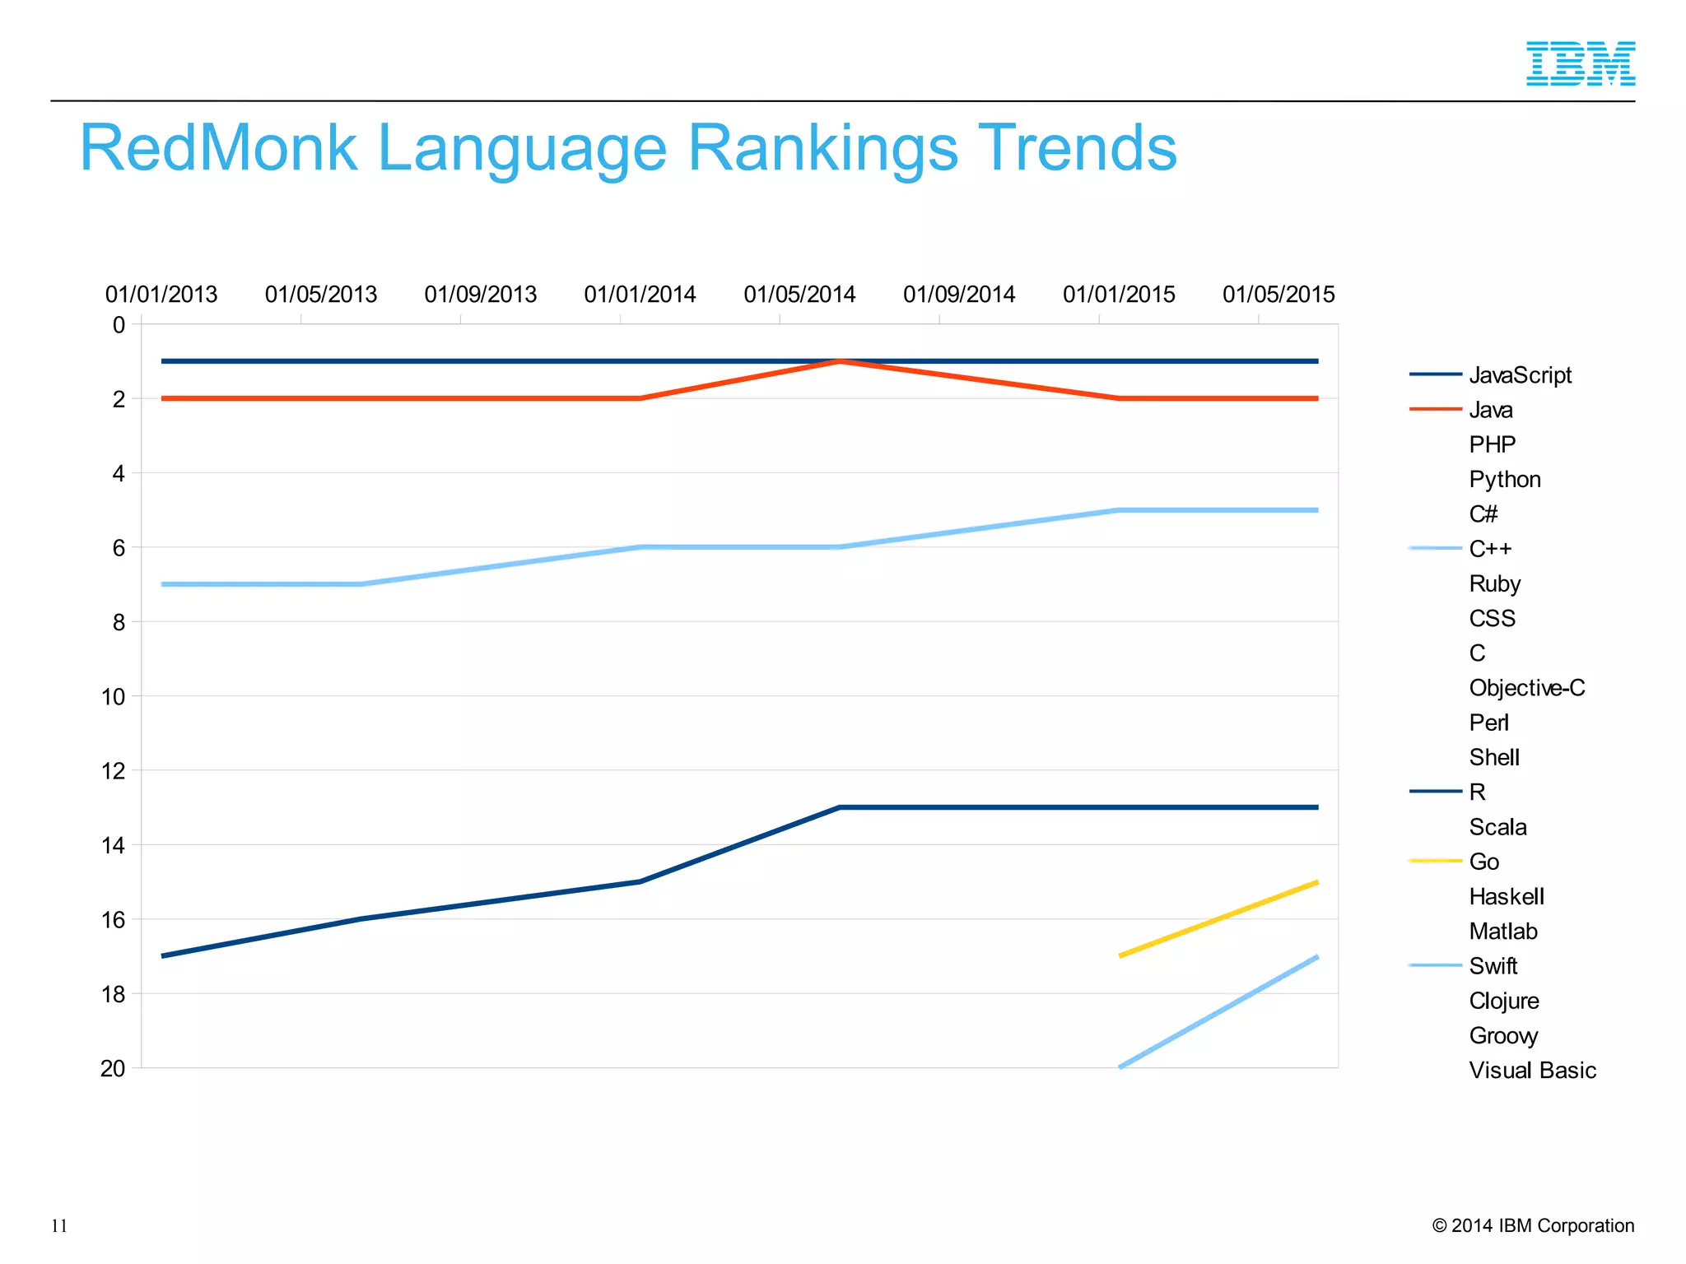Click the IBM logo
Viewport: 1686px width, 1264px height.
1581,63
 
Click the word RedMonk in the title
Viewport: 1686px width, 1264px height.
219,148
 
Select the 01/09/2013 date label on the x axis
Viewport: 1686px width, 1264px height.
480,295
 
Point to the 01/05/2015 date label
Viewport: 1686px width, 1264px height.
1278,295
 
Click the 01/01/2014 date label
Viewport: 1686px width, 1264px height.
640,295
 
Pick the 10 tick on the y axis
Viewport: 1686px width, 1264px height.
114,697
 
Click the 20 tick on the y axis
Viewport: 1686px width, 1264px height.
114,1068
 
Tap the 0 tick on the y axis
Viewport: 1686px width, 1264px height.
119,325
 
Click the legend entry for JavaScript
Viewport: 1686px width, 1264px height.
1520,375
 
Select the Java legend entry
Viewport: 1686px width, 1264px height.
1490,410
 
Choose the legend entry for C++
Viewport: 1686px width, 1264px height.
1490,549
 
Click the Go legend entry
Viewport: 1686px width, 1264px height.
1483,862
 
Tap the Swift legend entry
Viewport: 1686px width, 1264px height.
1493,966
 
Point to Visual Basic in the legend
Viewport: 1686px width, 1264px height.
1532,1071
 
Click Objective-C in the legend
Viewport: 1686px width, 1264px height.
1526,688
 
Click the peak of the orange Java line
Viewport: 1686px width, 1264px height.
840,361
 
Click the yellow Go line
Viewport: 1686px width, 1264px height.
1218,919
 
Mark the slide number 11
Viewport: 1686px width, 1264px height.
59,1226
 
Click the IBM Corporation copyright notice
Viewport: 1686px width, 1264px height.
1533,1226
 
